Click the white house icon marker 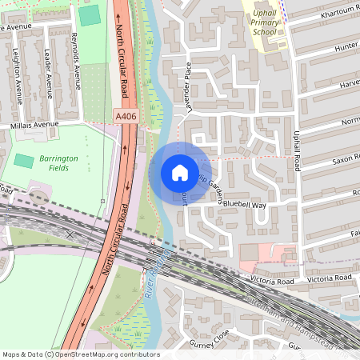(x=179, y=172)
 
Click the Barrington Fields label (x=58, y=163)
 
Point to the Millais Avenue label (x=35, y=126)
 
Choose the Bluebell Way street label (x=244, y=205)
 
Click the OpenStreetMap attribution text (x=80, y=354)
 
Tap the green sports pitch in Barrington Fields (x=24, y=159)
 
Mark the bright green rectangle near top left (x=90, y=14)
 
